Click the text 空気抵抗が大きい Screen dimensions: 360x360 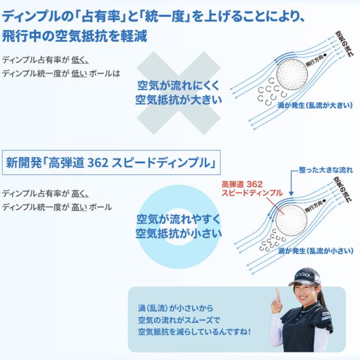[x=178, y=99]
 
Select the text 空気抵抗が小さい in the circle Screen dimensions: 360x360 [x=178, y=232]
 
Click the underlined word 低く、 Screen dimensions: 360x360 [x=80, y=60]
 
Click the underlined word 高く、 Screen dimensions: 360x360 [x=80, y=193]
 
